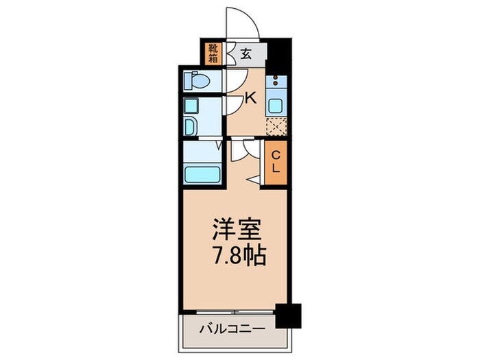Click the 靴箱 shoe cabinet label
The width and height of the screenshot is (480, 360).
213,52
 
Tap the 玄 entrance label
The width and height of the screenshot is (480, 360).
245,53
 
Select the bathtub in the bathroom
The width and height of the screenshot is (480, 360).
201,173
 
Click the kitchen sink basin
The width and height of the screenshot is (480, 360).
276,106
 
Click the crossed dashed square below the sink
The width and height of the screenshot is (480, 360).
276,127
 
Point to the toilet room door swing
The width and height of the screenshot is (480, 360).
232,80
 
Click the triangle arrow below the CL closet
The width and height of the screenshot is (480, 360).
253,180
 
